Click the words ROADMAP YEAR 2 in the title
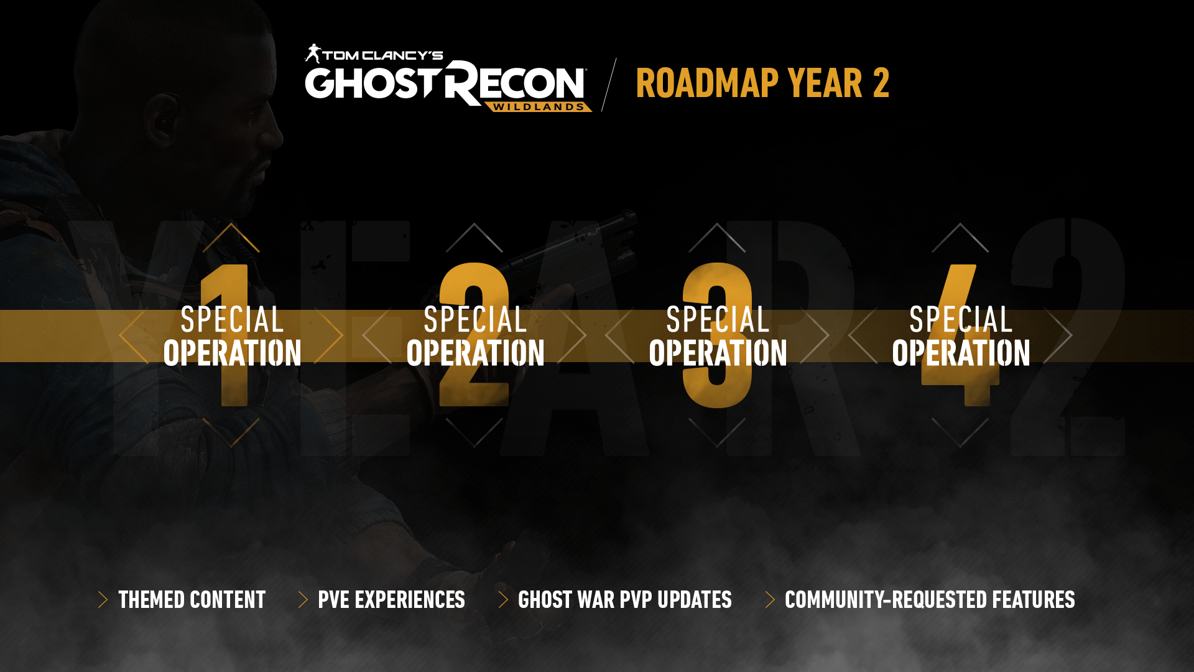(762, 83)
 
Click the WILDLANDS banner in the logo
(539, 107)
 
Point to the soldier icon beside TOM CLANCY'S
(313, 54)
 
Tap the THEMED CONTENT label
(192, 600)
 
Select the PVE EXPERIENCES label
(391, 600)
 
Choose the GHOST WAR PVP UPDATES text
(625, 600)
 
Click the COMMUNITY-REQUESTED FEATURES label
(930, 600)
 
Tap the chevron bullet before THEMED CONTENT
(103, 600)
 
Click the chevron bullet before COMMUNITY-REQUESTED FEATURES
(770, 600)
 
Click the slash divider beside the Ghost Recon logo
(609, 85)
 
